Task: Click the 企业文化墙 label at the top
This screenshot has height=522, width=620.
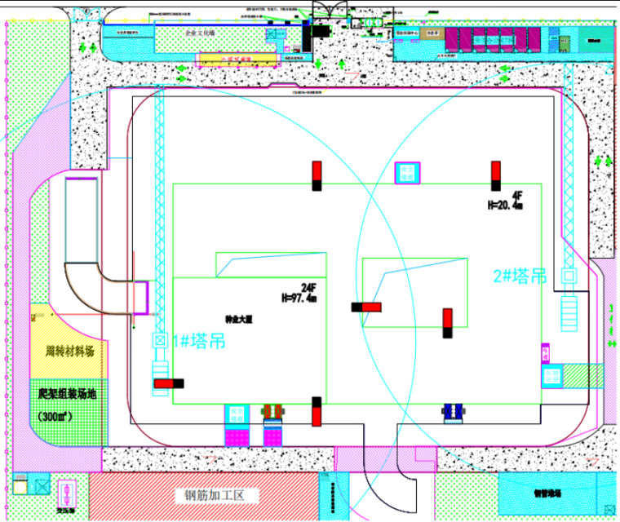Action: (x=200, y=32)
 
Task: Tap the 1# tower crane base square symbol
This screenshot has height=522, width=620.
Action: (x=160, y=340)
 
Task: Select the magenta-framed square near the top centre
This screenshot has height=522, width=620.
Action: (x=407, y=173)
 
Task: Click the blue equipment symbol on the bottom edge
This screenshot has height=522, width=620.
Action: (x=453, y=414)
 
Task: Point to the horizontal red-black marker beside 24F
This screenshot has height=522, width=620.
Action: (x=366, y=307)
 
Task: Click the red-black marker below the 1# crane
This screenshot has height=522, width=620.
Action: (x=168, y=383)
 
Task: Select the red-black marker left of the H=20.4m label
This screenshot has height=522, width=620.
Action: (x=495, y=175)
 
